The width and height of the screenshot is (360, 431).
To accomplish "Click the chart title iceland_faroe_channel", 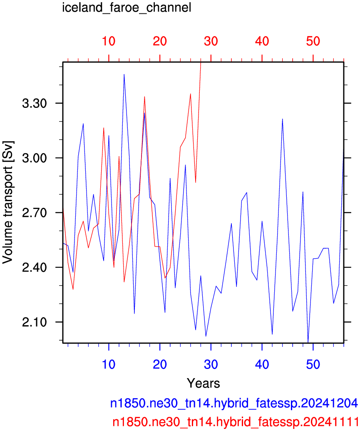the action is coord(127,7).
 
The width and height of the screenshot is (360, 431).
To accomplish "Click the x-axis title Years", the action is coord(204,383).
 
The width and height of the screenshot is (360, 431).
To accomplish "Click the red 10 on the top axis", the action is coord(109,41).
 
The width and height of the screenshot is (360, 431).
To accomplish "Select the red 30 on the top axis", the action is coord(211,41).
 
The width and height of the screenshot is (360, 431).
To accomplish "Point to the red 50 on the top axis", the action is coord(313,41).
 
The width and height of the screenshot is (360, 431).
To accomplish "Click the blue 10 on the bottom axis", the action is coord(109,364).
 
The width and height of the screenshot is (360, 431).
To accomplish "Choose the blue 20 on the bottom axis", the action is coord(160,364).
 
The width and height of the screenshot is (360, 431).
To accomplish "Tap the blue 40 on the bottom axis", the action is coord(262,364).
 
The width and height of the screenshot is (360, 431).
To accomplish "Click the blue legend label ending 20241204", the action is coord(234,403).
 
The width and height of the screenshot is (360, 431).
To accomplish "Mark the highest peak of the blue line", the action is coord(124,74).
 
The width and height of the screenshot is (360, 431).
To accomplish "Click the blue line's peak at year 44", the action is coord(283,119).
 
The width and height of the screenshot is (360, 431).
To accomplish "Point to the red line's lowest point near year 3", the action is coord(73,289).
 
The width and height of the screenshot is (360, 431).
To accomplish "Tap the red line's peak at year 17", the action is coord(144,97).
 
